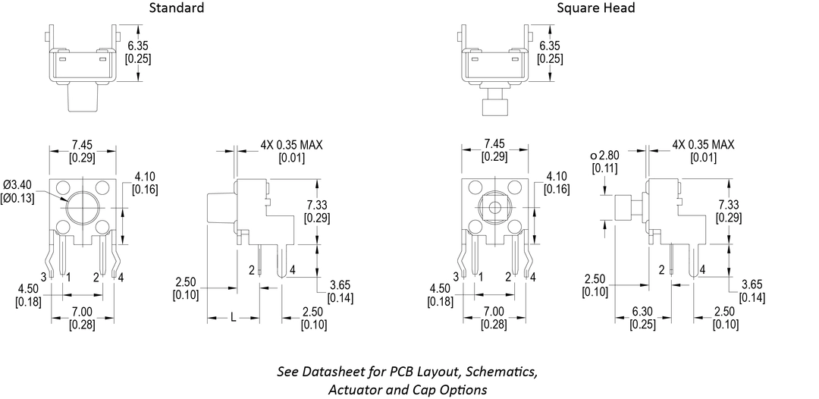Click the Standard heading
coord(176,8)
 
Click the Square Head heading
coord(595,8)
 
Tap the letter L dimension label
coord(233,319)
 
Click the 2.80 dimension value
coord(608,156)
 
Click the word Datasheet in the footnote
coord(336,372)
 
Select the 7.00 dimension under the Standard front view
coord(81,312)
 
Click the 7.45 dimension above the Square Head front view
coord(494,144)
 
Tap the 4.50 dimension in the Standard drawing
coord(29,288)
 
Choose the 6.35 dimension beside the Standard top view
coord(138,46)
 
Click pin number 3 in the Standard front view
coord(43,277)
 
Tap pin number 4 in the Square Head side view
coord(703,269)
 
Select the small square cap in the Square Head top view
coord(494,105)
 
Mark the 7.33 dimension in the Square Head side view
coord(730,205)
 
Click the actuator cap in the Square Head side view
coord(625,206)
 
